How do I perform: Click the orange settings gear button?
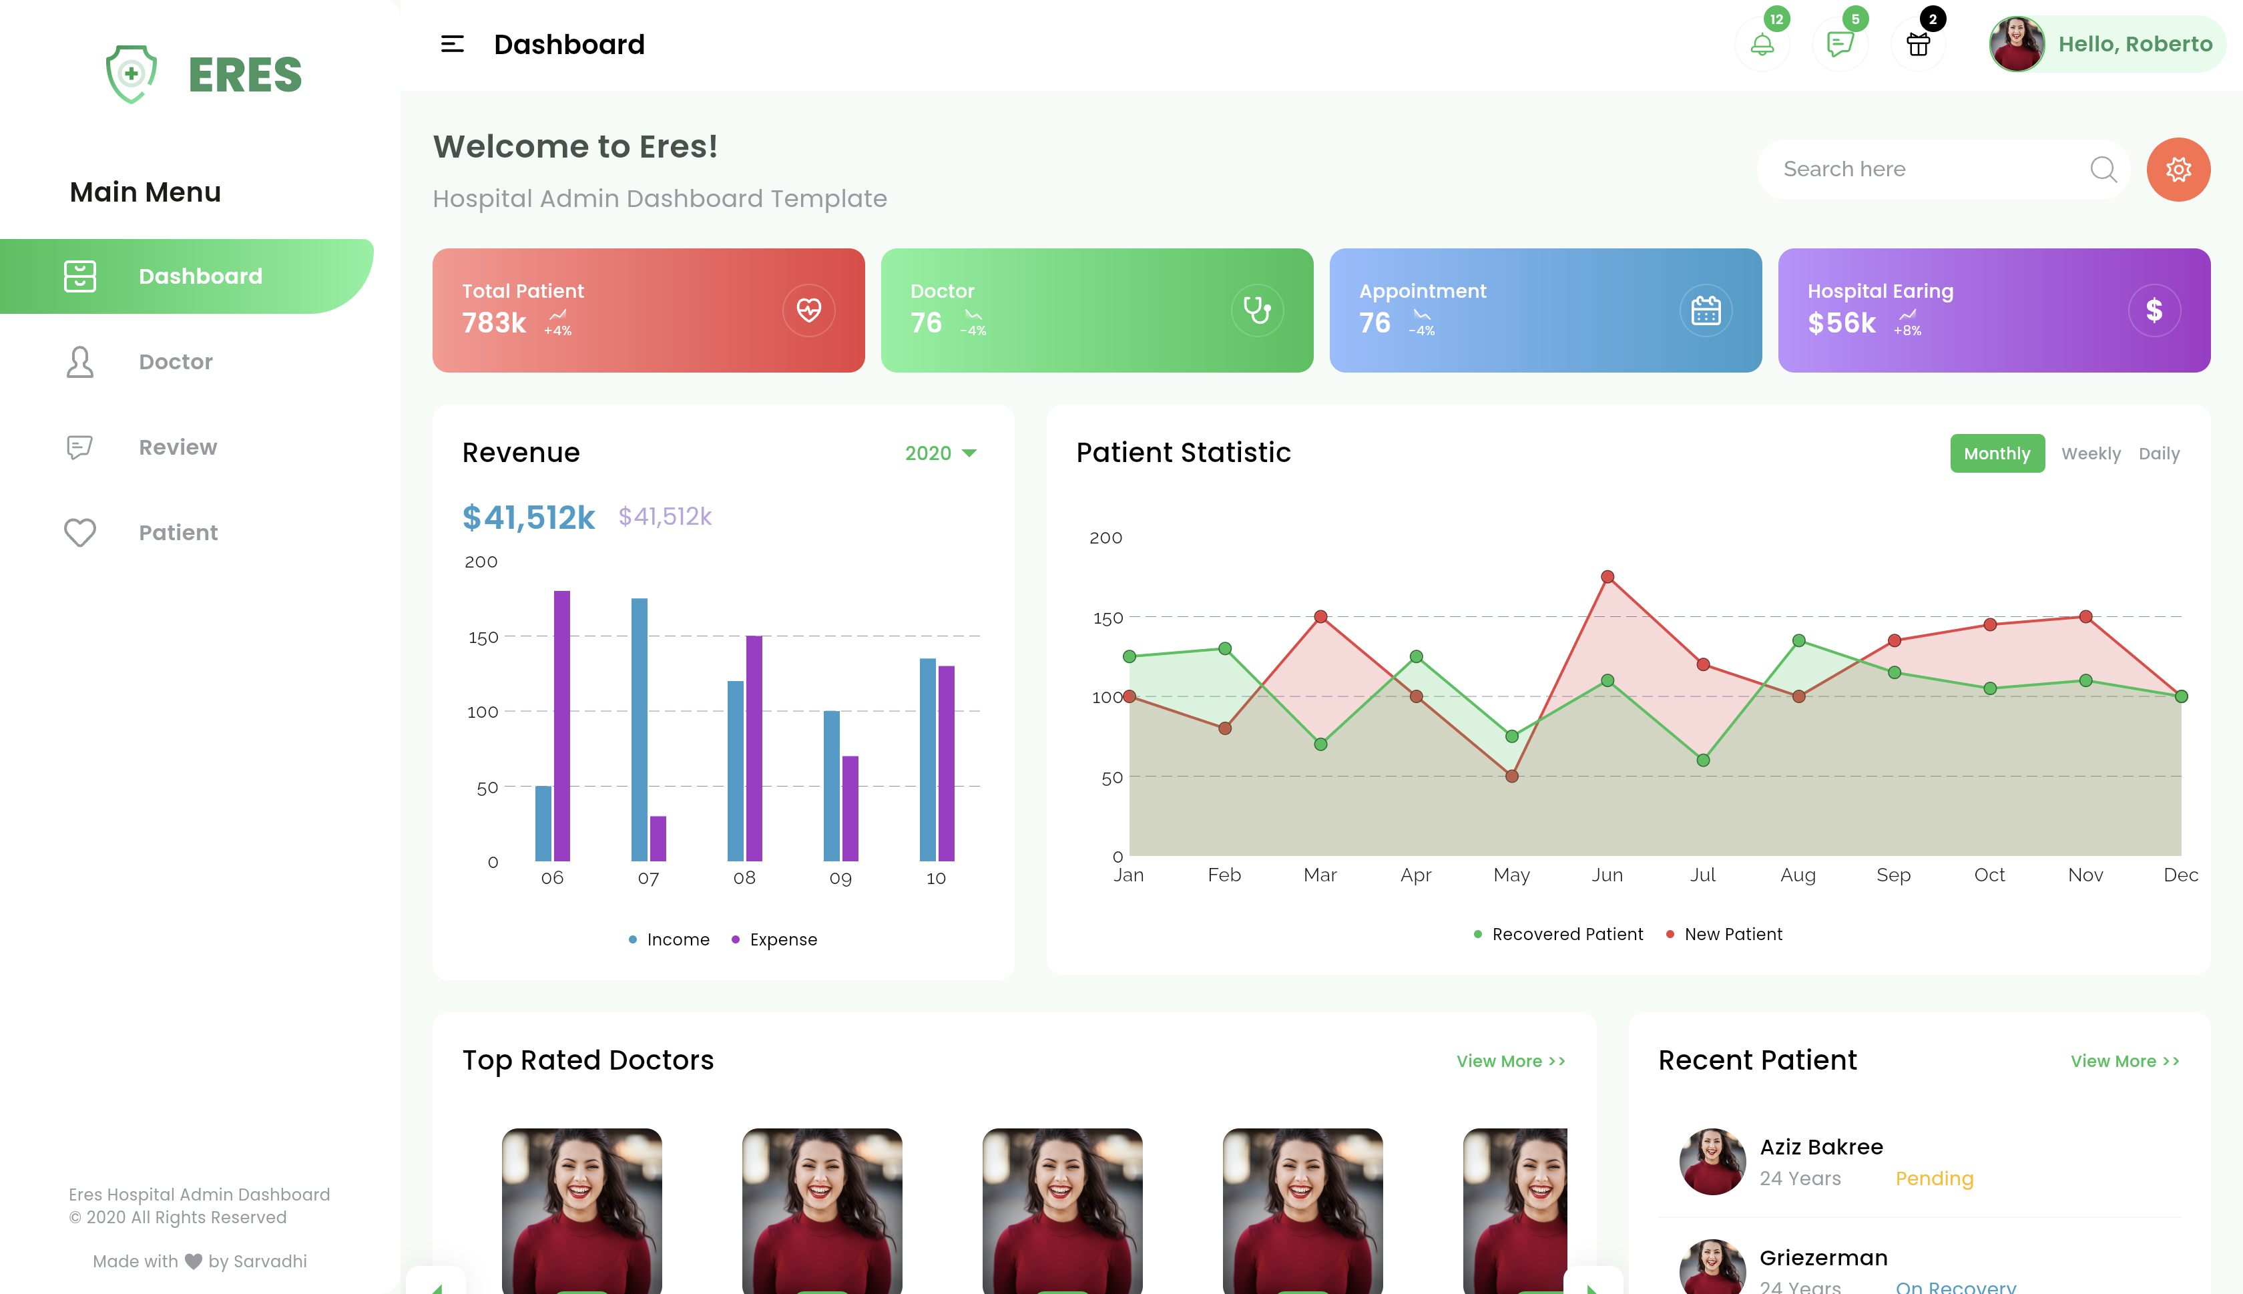point(2178,169)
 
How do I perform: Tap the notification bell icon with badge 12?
point(1762,45)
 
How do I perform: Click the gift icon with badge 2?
point(1918,45)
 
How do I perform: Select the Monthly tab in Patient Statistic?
point(1996,453)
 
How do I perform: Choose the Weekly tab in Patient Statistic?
point(2090,453)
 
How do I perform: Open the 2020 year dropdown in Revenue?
point(940,453)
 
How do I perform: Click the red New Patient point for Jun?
point(1607,577)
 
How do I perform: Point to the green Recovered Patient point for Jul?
point(1703,760)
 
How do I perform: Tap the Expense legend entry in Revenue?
point(774,939)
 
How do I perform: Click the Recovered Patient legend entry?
point(1558,934)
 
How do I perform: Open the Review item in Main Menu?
point(177,447)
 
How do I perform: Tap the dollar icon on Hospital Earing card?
point(2154,310)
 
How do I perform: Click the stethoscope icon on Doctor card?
point(1256,310)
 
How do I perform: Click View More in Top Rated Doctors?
point(1510,1061)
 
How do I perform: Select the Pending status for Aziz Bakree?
point(1934,1178)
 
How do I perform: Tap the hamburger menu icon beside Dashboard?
point(452,45)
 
